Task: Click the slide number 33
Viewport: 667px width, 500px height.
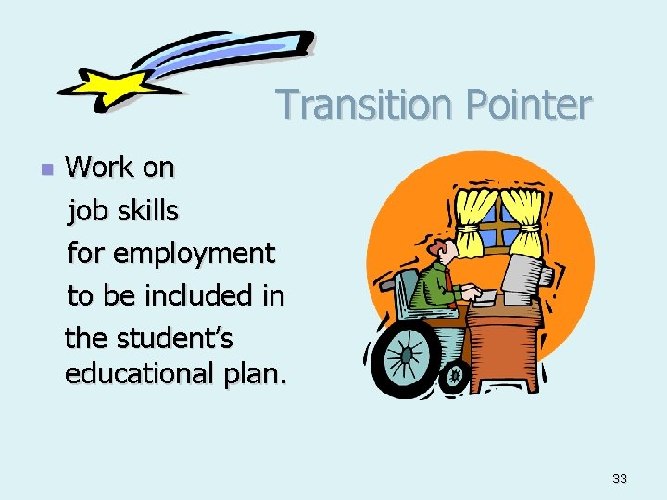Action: point(620,479)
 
